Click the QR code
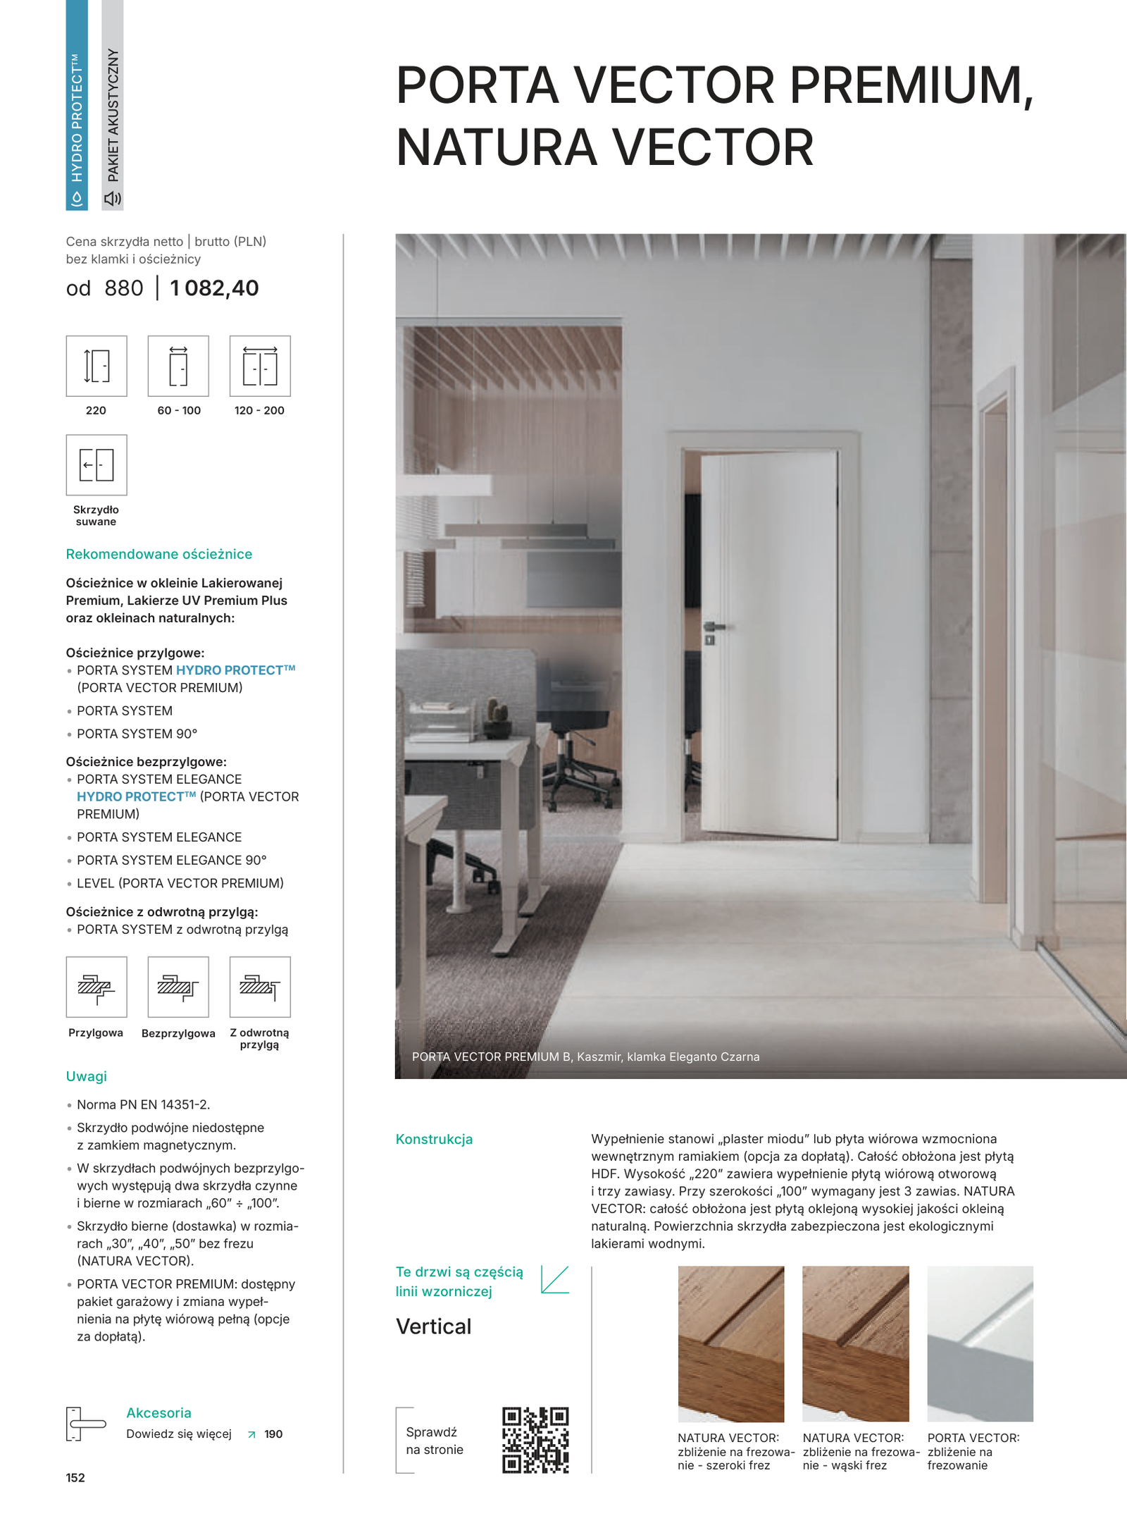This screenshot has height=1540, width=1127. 535,1440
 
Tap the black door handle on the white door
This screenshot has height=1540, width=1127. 713,627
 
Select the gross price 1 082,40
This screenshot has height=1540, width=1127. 214,288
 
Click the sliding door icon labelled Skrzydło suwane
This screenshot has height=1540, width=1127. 96,464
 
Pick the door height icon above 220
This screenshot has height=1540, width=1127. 96,366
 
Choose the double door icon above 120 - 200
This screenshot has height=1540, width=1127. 260,366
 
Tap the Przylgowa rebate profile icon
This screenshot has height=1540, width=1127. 96,987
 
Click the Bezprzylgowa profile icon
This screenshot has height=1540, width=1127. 178,987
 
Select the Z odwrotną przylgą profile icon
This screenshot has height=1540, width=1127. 260,987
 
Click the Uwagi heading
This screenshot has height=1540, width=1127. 87,1076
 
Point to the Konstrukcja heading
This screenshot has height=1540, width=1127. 434,1139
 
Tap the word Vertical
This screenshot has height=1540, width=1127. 433,1326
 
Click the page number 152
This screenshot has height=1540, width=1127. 75,1478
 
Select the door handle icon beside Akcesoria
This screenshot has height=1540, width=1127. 85,1424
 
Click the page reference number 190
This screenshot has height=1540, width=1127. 273,1434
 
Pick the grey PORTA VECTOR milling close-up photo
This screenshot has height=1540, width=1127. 980,1343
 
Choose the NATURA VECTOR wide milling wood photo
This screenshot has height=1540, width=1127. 730,1343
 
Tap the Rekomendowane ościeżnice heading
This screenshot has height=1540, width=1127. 159,554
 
